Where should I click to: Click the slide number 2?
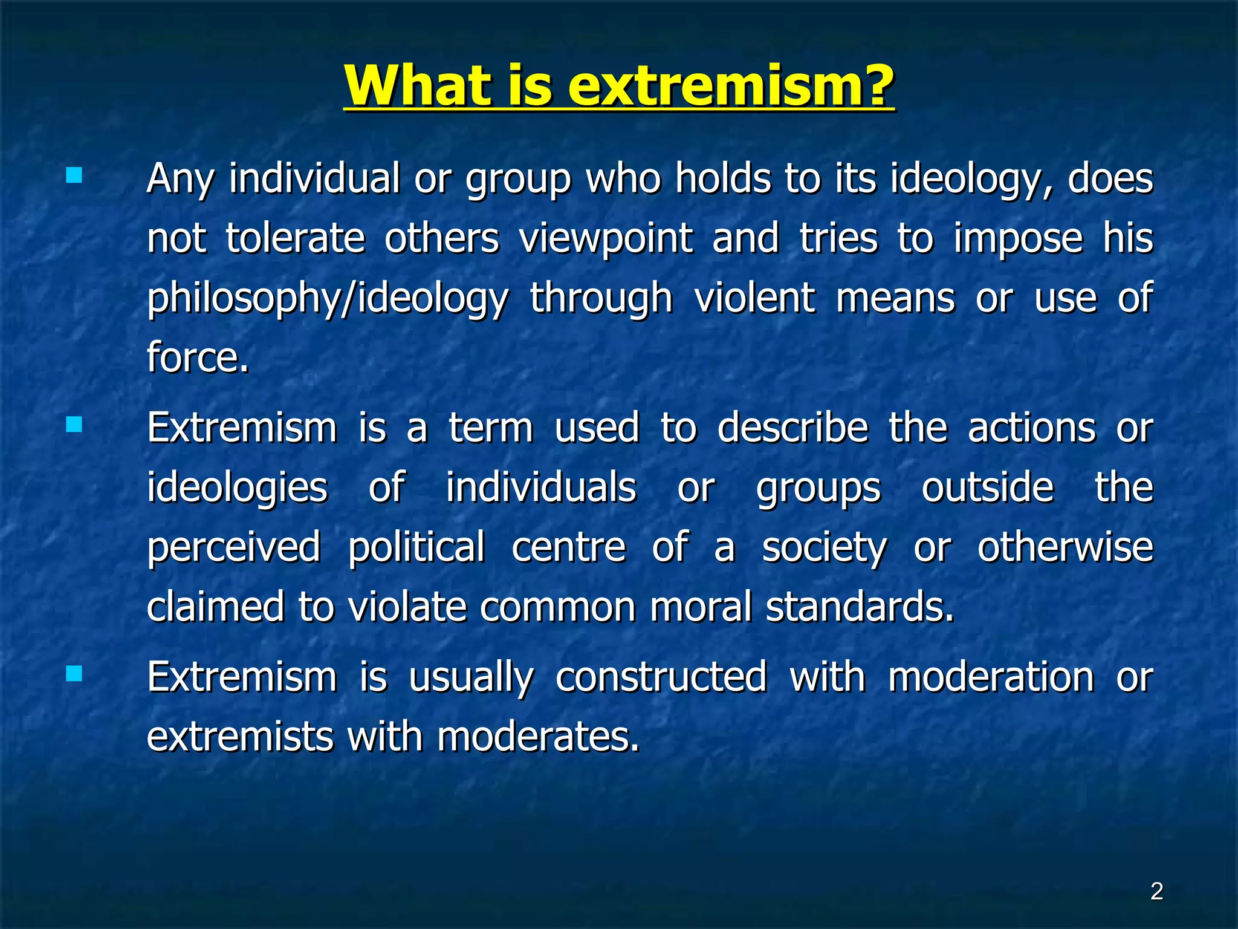pyautogui.click(x=1156, y=892)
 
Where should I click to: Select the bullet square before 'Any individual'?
pyautogui.click(x=74, y=175)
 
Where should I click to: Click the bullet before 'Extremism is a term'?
pyautogui.click(x=74, y=425)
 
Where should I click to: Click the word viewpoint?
pyautogui.click(x=606, y=238)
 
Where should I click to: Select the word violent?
pyautogui.click(x=754, y=298)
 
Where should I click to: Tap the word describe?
pyautogui.click(x=792, y=428)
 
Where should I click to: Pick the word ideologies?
pyautogui.click(x=237, y=487)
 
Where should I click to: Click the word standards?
pyautogui.click(x=860, y=607)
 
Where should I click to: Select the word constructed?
pyautogui.click(x=661, y=676)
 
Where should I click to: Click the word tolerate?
pyautogui.click(x=295, y=238)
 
